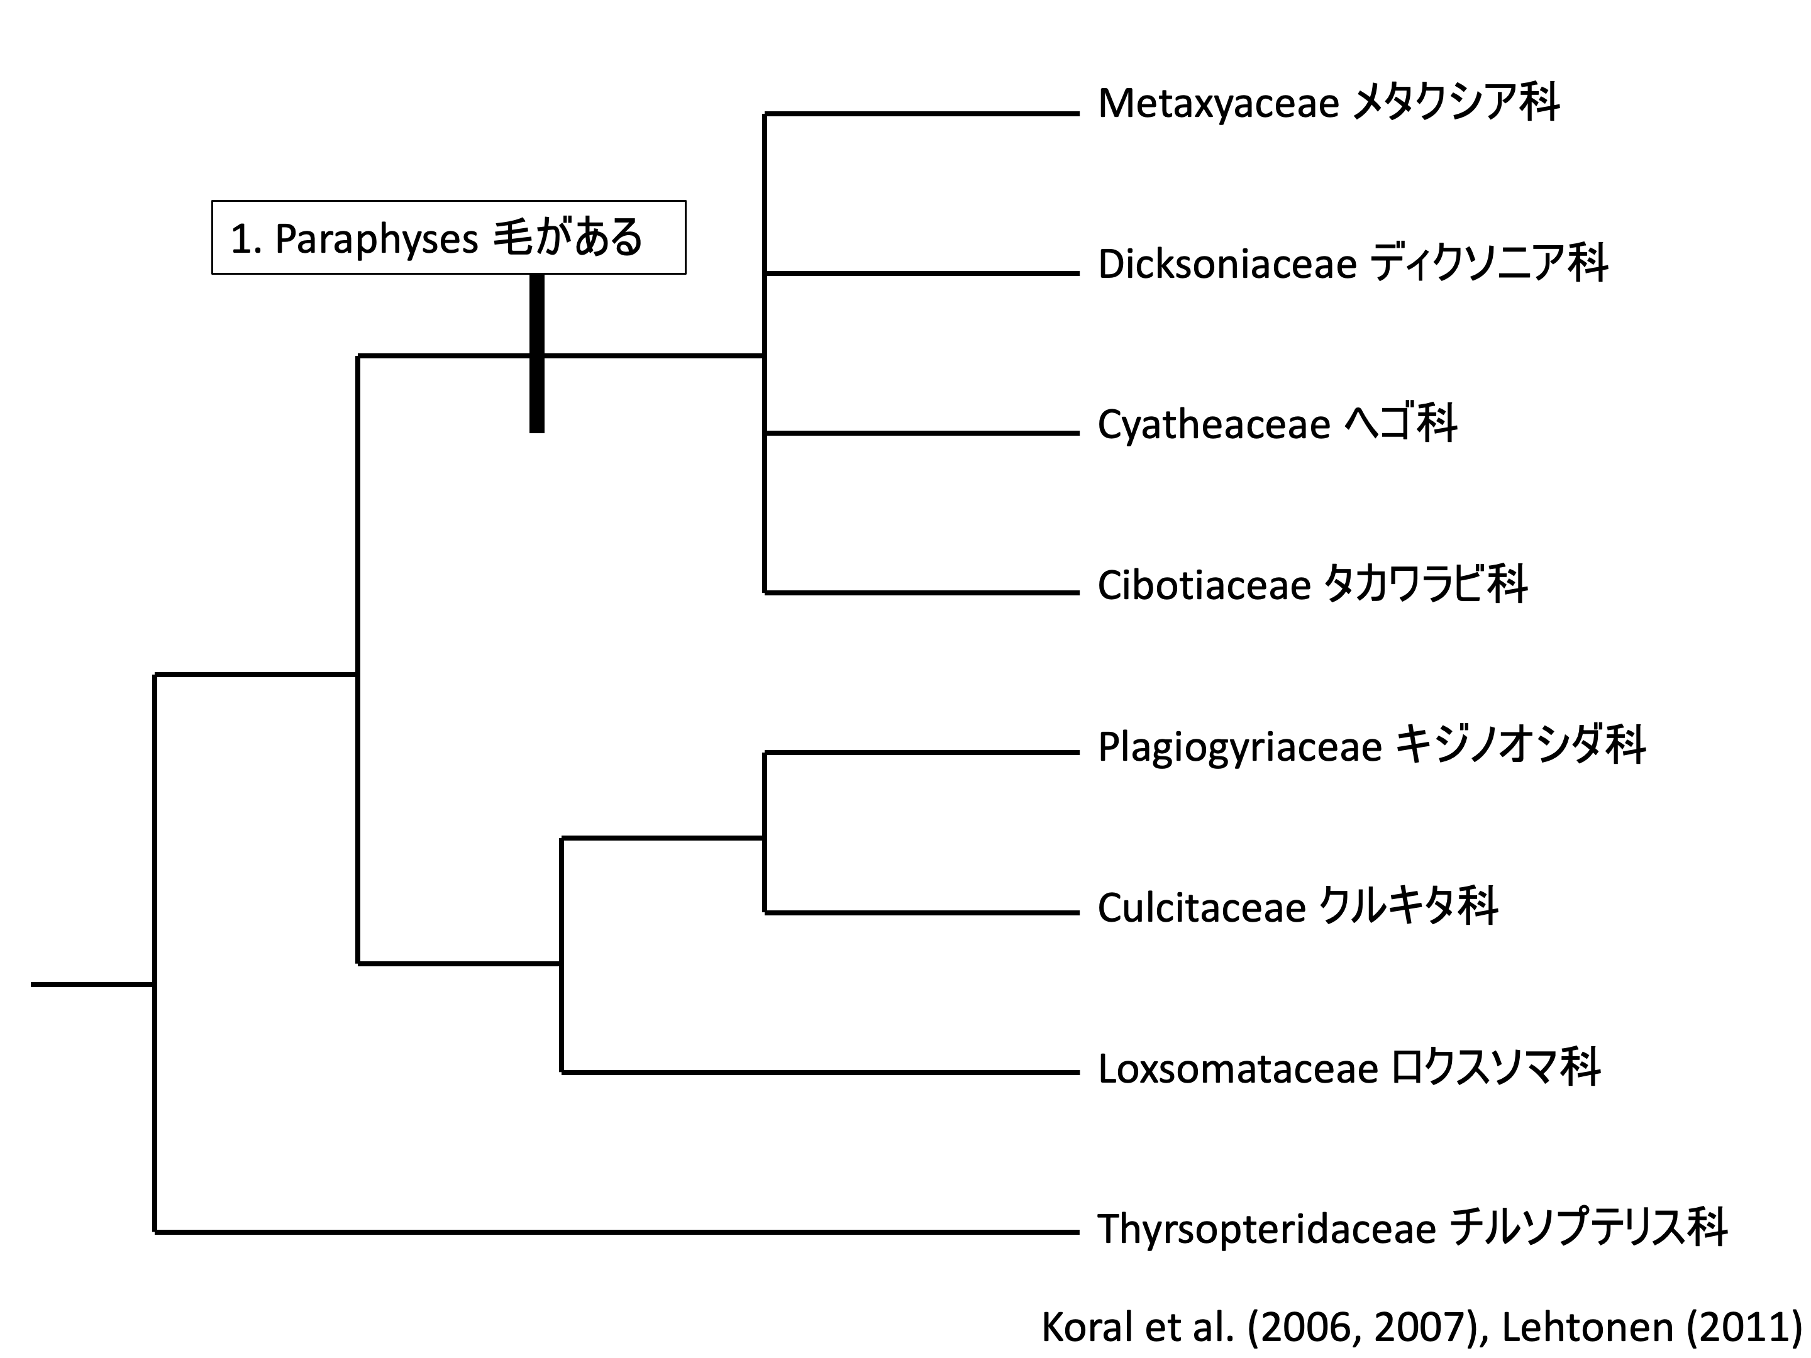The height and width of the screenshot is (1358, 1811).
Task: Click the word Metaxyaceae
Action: (1217, 104)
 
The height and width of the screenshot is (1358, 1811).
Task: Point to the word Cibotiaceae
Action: (1204, 585)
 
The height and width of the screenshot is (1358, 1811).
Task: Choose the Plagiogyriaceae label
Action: (1239, 746)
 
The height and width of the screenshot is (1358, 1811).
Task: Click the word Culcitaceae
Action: (1201, 908)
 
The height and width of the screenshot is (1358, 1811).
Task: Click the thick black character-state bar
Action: (536, 353)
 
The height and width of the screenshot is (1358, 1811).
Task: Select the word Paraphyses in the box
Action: (376, 239)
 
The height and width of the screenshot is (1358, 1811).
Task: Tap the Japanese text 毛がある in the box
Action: (567, 238)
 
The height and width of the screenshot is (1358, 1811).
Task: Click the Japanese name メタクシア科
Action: (1454, 104)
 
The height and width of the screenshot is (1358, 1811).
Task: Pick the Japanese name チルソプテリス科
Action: (1588, 1228)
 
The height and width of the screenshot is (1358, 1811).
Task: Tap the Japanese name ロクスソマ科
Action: (1496, 1069)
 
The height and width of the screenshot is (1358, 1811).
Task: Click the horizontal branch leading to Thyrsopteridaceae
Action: (614, 1231)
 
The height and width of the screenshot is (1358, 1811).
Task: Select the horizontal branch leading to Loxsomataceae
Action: (819, 1071)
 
